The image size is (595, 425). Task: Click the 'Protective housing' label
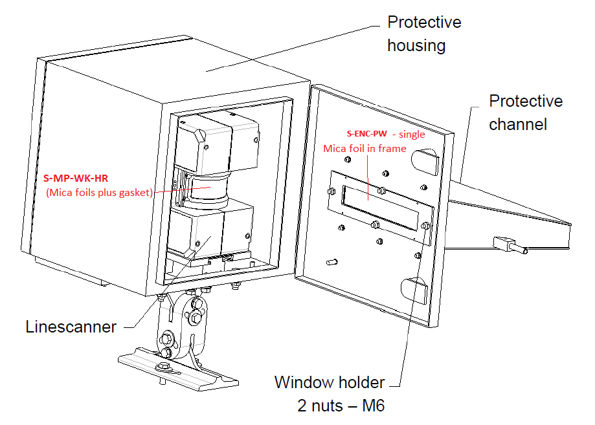(424, 34)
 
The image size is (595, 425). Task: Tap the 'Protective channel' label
(525, 112)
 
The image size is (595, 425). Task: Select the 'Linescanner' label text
(71, 327)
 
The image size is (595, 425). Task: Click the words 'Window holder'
(329, 382)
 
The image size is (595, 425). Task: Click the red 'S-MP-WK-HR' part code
(75, 179)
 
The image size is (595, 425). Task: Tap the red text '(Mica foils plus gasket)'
(99, 192)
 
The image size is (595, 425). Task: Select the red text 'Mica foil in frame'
(365, 148)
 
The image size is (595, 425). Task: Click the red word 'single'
(412, 134)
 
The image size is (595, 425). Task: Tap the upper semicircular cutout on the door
(424, 159)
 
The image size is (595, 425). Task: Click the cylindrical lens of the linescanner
(206, 192)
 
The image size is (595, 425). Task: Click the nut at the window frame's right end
(425, 226)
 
